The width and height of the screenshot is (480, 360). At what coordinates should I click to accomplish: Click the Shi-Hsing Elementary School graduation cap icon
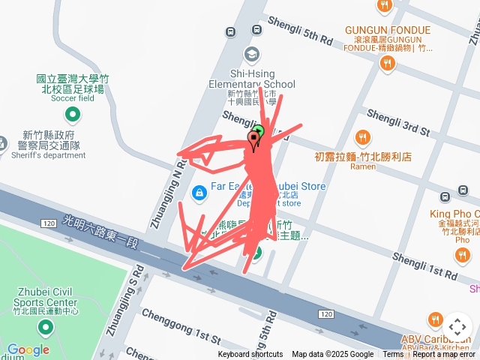pos(251,55)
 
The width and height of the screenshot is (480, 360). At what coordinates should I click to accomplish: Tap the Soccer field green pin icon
pos(73,115)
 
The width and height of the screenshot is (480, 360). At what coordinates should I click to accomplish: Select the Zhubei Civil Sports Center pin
pos(45,328)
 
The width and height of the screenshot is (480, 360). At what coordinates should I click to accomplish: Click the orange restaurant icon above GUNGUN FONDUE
pos(384,6)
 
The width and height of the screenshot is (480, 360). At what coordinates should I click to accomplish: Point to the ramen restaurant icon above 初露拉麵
pos(362,137)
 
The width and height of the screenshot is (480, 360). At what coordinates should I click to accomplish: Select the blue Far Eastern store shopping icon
pos(199,193)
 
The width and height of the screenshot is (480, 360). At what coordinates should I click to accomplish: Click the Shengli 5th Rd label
pos(299,31)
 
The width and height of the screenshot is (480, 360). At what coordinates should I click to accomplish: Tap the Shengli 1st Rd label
pos(424,266)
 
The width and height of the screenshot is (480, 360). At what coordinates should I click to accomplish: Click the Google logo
pos(28,349)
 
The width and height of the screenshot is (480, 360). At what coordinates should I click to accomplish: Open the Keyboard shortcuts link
pos(250,355)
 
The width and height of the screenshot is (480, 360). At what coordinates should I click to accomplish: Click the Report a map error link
pos(445,355)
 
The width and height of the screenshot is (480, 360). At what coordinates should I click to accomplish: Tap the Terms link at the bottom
pos(393,355)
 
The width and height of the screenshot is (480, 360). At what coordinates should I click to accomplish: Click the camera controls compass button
pos(457,327)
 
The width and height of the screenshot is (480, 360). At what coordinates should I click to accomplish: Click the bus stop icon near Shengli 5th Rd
pos(257,30)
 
